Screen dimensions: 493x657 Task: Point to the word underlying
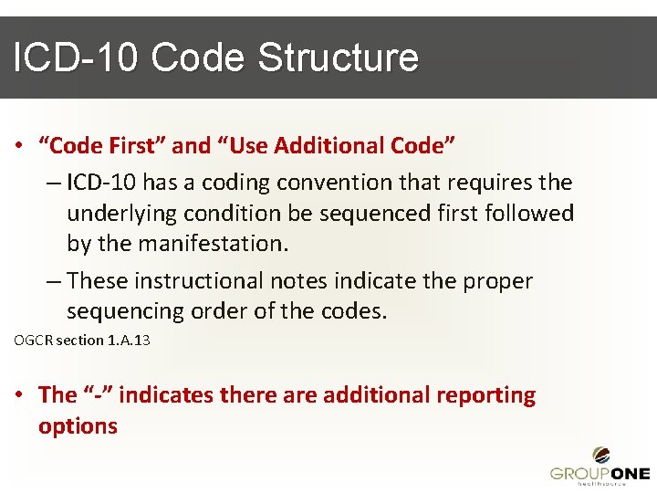pyautogui.click(x=121, y=214)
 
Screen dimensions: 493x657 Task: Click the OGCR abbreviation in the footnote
pyautogui.click(x=33, y=341)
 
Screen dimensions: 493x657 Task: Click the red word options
pyautogui.click(x=78, y=425)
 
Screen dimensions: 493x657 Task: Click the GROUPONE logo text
pyautogui.click(x=600, y=473)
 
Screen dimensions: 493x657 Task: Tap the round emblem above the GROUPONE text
pyautogui.click(x=601, y=454)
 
